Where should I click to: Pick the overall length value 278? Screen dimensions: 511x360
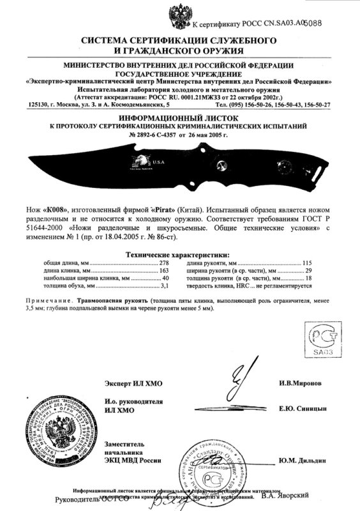[x=167, y=263]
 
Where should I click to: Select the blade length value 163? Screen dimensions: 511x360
[x=167, y=270]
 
